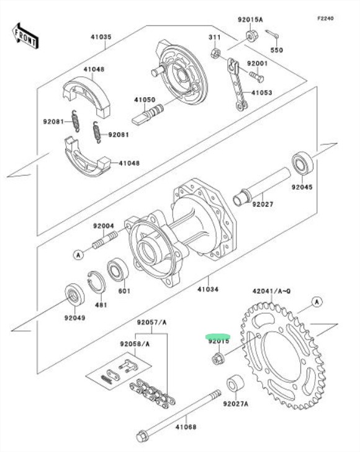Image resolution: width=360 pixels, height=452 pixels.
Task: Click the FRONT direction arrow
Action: coord(25,36)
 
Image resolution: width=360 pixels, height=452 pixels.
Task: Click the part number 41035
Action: coord(101,37)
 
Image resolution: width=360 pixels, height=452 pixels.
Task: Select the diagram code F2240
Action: coord(325,18)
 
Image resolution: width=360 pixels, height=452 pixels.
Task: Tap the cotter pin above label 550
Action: coord(272,34)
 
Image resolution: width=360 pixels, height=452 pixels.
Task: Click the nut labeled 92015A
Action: coord(252,35)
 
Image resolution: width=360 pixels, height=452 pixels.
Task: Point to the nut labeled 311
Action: coord(215,53)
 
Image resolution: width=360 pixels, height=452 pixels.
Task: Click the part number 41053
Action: coord(262,92)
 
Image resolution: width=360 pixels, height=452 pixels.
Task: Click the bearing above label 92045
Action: coord(302,163)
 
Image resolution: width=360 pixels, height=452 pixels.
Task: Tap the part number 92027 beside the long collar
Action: coord(263,204)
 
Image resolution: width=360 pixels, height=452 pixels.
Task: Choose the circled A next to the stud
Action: coord(78,255)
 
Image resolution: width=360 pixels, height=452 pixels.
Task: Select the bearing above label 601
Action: coord(118,270)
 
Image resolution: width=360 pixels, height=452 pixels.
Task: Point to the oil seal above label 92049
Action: coord(74,295)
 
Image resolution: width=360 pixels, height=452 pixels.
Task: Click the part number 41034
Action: coord(208,289)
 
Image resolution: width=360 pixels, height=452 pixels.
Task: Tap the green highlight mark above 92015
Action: coord(218,336)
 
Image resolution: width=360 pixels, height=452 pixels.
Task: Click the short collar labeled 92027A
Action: coord(235,383)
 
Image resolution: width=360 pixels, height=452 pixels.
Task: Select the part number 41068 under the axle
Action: coord(186,427)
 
